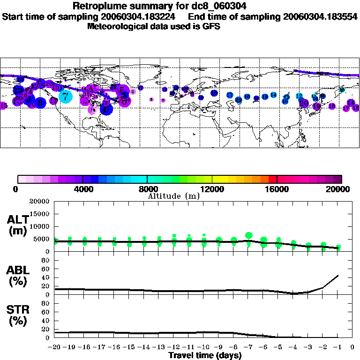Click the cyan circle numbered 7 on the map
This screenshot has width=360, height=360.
[x=66, y=97]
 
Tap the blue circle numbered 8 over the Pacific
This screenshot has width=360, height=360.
[x=40, y=103]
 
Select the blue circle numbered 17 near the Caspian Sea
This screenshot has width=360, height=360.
[x=230, y=95]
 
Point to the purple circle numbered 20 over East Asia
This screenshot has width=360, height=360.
[x=304, y=103]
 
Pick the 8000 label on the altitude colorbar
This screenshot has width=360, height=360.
[x=147, y=189]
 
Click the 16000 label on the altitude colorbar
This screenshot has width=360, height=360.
[x=277, y=189]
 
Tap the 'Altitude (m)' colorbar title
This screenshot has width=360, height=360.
[x=173, y=196]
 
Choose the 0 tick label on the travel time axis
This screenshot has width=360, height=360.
[x=353, y=348]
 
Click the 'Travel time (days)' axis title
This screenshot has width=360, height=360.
[x=205, y=356]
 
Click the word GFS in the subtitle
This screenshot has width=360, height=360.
[x=211, y=27]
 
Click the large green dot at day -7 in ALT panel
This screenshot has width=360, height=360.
[x=249, y=235]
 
